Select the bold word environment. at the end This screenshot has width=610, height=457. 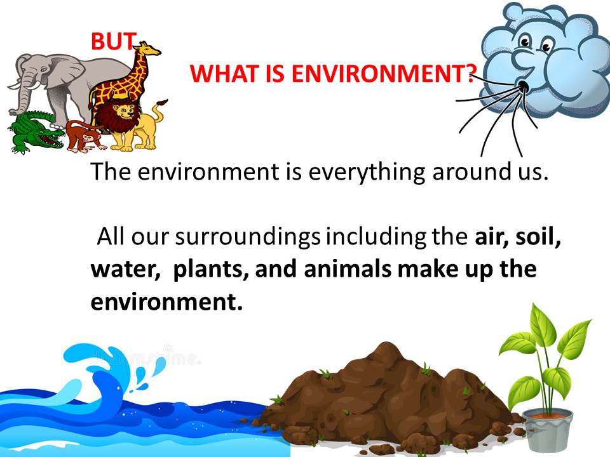(x=166, y=301)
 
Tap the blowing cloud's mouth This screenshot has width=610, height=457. (x=524, y=86)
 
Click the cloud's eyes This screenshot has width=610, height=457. (x=531, y=42)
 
